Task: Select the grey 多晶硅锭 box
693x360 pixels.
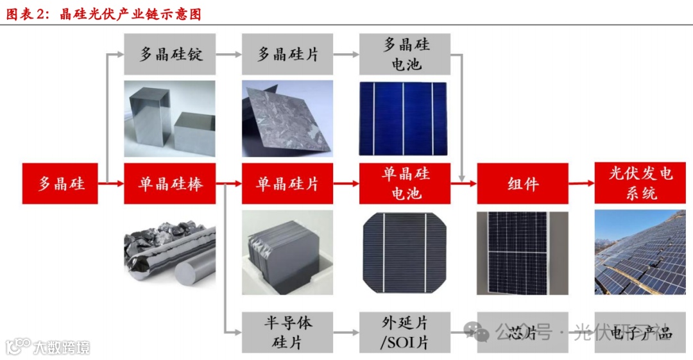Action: [x=170, y=54]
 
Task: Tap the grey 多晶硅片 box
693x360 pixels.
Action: [x=287, y=54]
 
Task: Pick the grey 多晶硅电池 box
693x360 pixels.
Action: [x=406, y=54]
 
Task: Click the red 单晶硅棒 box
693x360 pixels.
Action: [x=170, y=184]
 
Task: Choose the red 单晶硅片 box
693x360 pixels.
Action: [x=287, y=184]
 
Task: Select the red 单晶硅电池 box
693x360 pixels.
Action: [x=406, y=184]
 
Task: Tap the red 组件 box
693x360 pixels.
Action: [x=522, y=184]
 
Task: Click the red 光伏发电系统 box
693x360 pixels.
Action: [x=640, y=184]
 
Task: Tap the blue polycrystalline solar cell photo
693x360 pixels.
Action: [x=404, y=118]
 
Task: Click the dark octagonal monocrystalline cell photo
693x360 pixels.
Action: [x=404, y=252]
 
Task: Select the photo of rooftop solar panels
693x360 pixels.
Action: [x=640, y=252]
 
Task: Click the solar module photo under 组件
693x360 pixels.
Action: [x=522, y=252]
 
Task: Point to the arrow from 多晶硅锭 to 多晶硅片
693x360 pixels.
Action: [x=229, y=55]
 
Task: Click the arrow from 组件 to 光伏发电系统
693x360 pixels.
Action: [x=581, y=184]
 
